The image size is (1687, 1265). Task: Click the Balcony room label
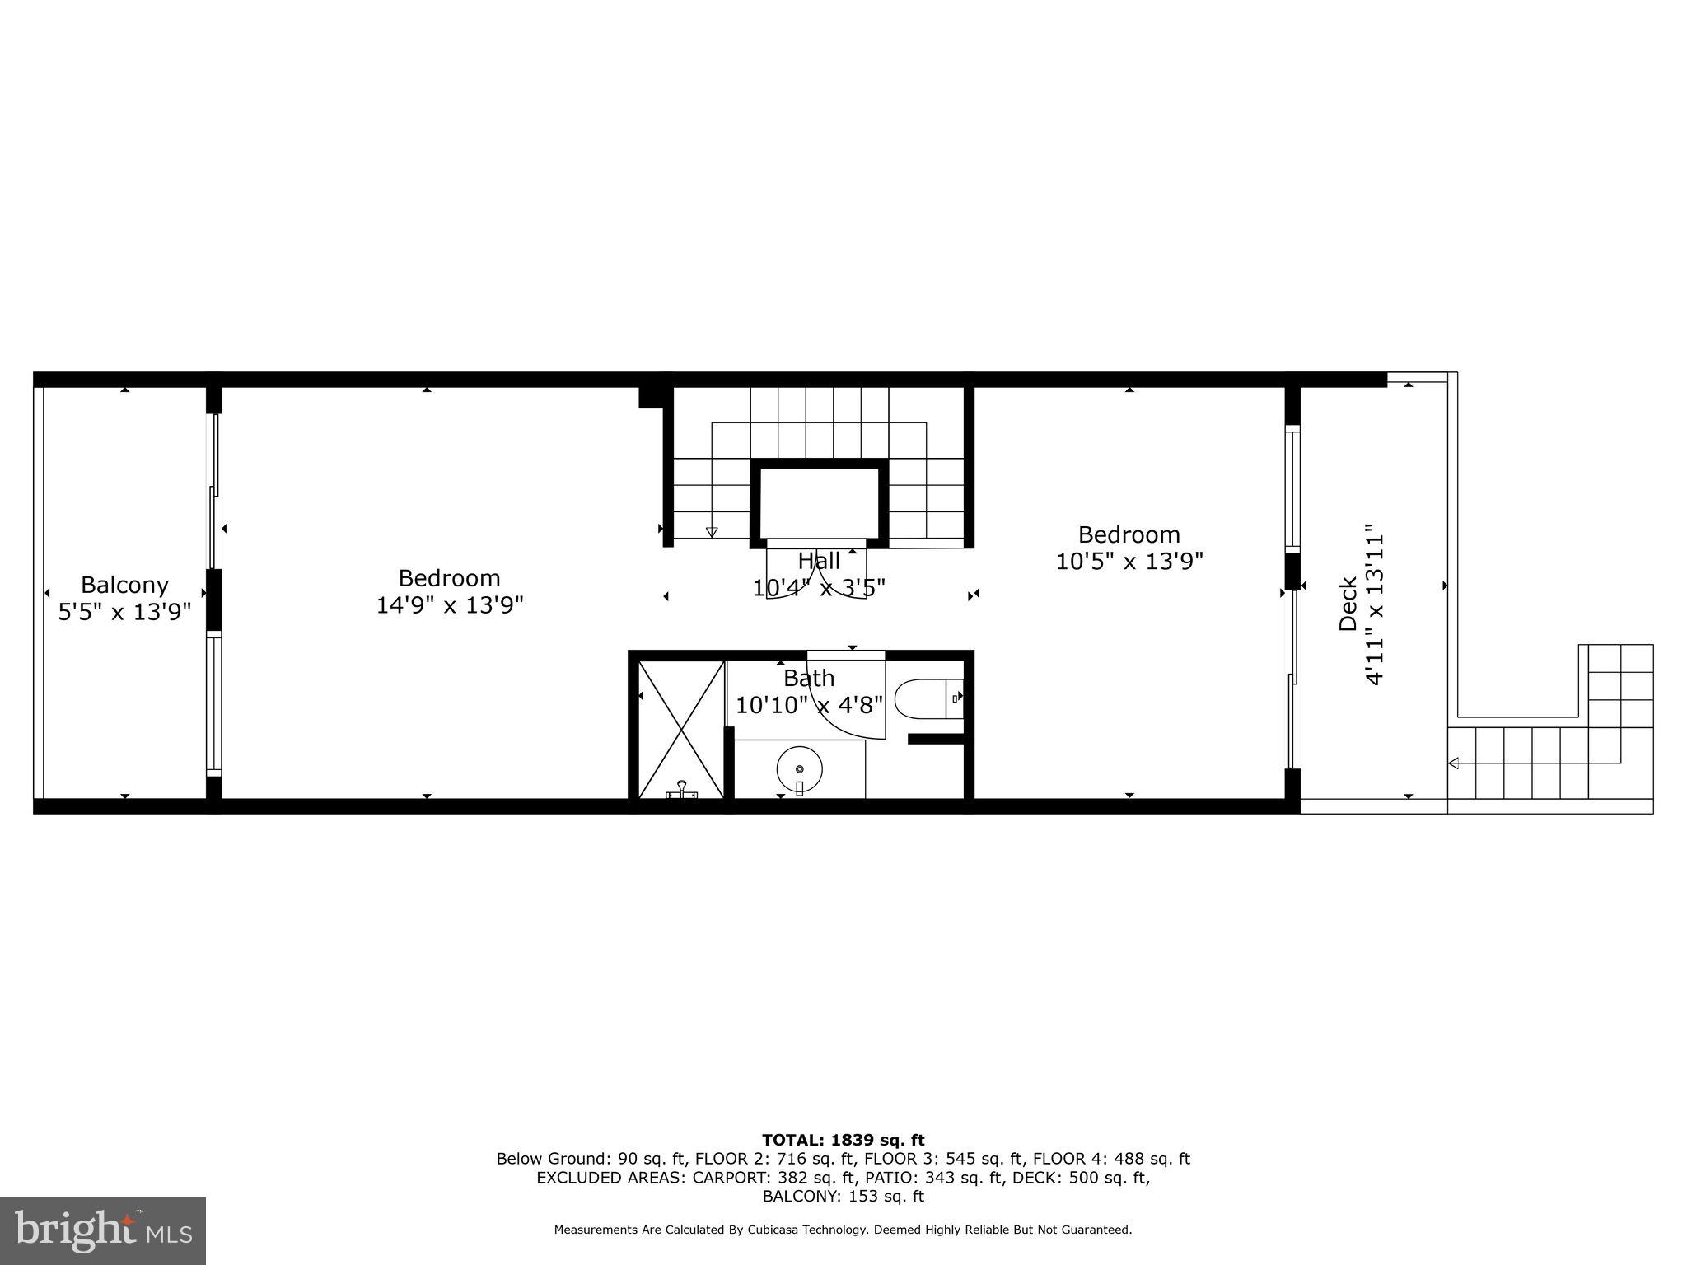click(124, 585)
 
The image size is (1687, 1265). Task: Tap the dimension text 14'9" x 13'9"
click(450, 605)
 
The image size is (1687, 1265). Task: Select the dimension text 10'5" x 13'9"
click(1129, 562)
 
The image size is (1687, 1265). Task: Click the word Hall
click(819, 561)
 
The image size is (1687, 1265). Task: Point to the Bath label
click(808, 678)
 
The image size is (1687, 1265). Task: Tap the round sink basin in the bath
click(799, 768)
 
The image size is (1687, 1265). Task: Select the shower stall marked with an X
click(680, 729)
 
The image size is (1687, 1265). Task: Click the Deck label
click(1348, 603)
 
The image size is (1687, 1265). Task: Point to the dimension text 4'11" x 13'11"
click(1374, 604)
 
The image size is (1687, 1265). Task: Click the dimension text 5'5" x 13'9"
click(124, 612)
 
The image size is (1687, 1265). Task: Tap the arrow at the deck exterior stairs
click(1454, 763)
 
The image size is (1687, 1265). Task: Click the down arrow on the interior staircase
click(712, 532)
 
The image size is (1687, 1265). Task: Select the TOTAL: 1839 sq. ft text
click(843, 1140)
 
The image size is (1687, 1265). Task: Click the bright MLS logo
click(103, 1230)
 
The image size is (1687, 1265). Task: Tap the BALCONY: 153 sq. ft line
click(843, 1197)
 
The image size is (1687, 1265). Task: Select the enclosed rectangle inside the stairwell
click(819, 502)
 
